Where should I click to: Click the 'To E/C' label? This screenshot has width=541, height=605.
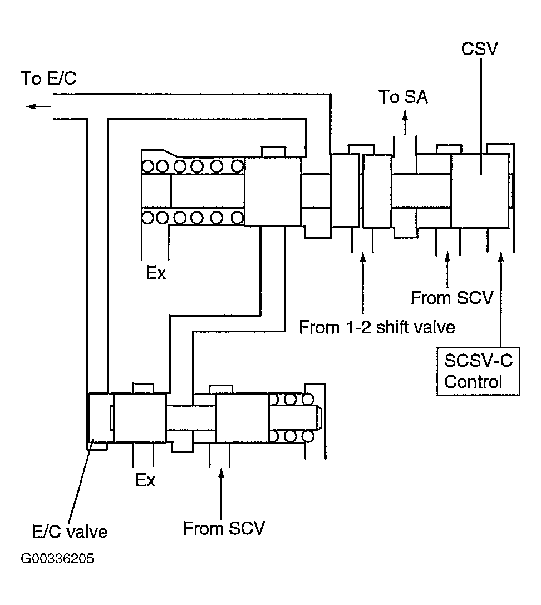click(x=48, y=79)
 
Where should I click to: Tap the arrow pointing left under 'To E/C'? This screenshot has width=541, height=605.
click(x=38, y=106)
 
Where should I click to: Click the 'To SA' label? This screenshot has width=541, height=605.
click(x=404, y=97)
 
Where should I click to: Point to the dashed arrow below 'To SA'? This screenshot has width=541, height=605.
click(x=405, y=122)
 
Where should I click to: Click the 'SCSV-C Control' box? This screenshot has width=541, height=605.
click(x=478, y=371)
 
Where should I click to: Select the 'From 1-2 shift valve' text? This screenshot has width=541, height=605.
click(x=377, y=327)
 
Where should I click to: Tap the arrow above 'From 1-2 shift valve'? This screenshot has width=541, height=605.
click(x=363, y=284)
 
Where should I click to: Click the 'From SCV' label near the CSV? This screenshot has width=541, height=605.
click(x=451, y=298)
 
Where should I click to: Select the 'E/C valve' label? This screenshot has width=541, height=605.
click(x=69, y=532)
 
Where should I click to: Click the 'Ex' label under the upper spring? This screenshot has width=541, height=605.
click(x=156, y=274)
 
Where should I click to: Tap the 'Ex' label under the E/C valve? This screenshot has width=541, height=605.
click(x=145, y=480)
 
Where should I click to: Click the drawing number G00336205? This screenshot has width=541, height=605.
click(x=57, y=559)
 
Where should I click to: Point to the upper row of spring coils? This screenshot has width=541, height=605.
click(x=193, y=166)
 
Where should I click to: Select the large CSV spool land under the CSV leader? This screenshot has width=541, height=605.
click(x=479, y=190)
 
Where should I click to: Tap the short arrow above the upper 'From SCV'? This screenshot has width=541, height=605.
click(x=447, y=267)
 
